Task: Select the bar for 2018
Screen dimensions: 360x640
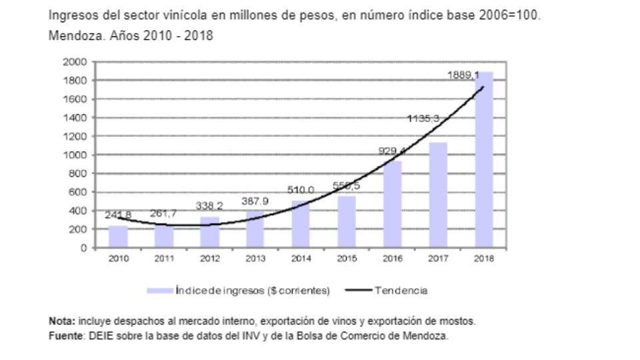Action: [x=483, y=160]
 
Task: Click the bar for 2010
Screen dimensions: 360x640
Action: [x=118, y=237]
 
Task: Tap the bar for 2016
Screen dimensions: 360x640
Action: [x=392, y=204]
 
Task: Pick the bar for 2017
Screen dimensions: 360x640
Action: [x=438, y=195]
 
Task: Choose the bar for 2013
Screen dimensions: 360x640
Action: [x=255, y=229]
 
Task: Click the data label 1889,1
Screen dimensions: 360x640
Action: [x=464, y=76]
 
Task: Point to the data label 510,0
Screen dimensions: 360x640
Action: [x=301, y=190]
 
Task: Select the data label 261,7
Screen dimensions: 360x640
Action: [x=164, y=213]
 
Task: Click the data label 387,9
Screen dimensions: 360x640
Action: [x=255, y=201]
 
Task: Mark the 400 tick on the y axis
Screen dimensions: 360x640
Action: [x=79, y=211]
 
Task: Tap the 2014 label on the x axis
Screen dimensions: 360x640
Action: [x=301, y=259]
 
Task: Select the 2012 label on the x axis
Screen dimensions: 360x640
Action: [x=209, y=259]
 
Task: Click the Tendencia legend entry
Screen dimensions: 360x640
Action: [x=400, y=290]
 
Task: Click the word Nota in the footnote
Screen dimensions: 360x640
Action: [x=62, y=321]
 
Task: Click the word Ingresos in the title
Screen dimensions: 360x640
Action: [x=71, y=15]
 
